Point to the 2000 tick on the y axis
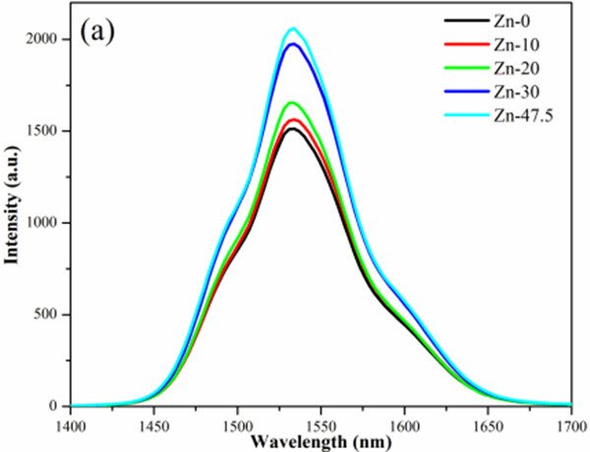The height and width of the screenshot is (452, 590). tap(47, 39)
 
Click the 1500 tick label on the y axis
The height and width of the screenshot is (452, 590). tap(47, 131)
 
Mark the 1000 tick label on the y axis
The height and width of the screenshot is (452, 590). tap(47, 223)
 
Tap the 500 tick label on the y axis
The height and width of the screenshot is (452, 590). tap(51, 314)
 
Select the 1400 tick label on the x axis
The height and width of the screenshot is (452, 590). tap(72, 424)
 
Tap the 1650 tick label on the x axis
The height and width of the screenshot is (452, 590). tap(487, 424)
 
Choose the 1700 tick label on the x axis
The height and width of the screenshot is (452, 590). tap(568, 424)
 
